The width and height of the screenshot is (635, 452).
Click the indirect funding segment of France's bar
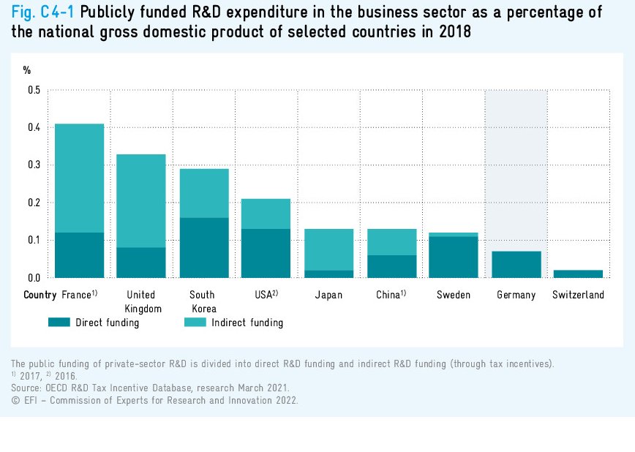point(79,178)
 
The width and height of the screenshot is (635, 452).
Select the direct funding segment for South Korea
point(204,247)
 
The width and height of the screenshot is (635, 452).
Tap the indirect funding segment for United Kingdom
point(141,200)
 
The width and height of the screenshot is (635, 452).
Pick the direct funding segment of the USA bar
point(266,253)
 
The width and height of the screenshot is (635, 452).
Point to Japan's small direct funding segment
point(328,274)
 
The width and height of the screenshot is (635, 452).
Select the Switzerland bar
point(578,274)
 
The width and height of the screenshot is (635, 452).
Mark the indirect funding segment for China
point(391,242)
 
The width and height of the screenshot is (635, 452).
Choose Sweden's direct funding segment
point(454,257)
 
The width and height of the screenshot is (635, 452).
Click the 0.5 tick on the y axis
point(34,91)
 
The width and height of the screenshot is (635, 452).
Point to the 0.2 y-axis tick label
point(34,203)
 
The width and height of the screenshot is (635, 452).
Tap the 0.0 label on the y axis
point(34,278)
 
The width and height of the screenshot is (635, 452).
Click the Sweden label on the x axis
point(454,295)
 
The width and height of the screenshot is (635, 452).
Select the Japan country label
point(328,295)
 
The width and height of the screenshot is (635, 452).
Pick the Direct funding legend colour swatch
point(59,322)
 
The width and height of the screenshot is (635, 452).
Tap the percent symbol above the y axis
point(27,70)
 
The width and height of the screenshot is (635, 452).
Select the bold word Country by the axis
point(40,295)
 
